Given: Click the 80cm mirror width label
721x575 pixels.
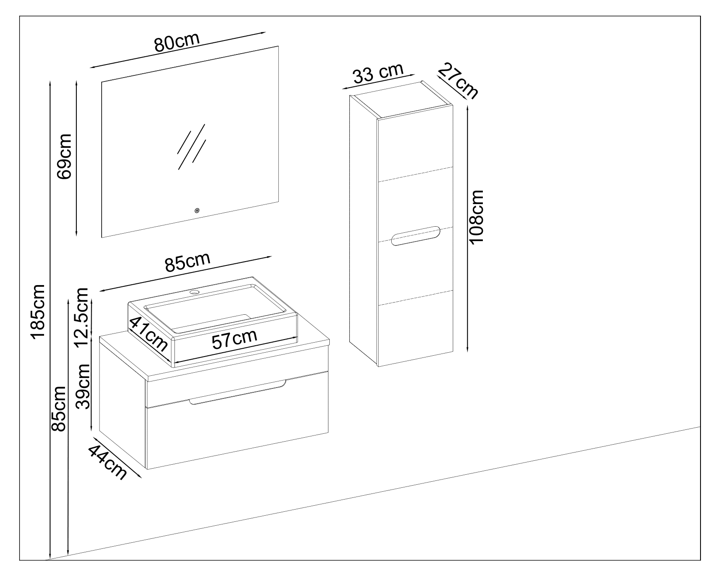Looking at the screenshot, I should pyautogui.click(x=177, y=42).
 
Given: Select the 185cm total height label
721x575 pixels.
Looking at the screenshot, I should pyautogui.click(x=37, y=310).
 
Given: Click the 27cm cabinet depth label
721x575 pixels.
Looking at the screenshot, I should pyautogui.click(x=458, y=81).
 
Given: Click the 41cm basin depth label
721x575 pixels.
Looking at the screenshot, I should pyautogui.click(x=148, y=334).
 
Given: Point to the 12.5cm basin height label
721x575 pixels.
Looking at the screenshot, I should pyautogui.click(x=82, y=316).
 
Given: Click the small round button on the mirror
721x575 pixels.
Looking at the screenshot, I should pyautogui.click(x=197, y=211).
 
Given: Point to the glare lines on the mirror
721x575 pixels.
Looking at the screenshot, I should pyautogui.click(x=191, y=146).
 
